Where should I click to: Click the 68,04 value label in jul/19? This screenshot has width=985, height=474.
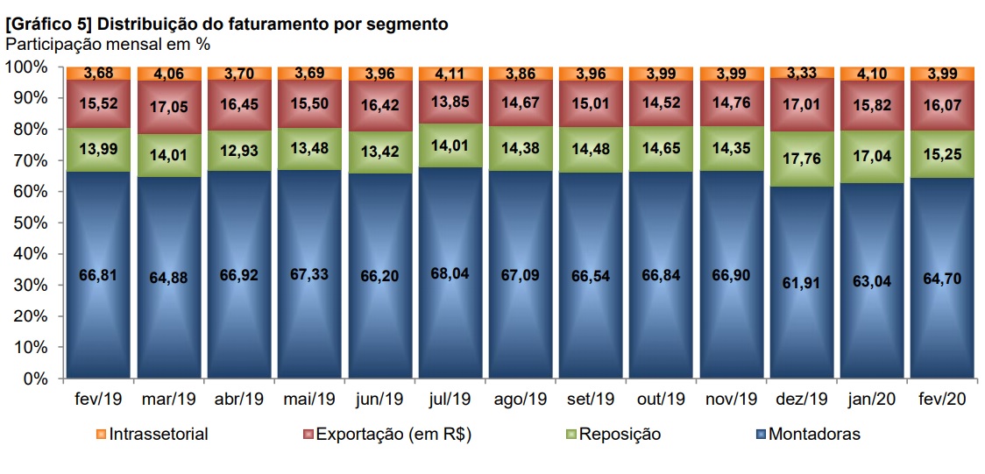pyautogui.click(x=450, y=272)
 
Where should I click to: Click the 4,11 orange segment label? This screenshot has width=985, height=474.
pyautogui.click(x=450, y=74)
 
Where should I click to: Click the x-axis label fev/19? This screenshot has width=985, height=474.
pyautogui.click(x=98, y=399)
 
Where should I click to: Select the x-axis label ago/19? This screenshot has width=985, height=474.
pyautogui.click(x=521, y=399)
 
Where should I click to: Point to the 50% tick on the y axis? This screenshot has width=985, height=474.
pyautogui.click(x=29, y=223)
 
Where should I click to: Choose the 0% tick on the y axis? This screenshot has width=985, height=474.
pyautogui.click(x=36, y=378)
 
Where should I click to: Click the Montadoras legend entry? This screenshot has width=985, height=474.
pyautogui.click(x=814, y=434)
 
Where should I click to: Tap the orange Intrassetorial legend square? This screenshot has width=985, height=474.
pyautogui.click(x=102, y=434)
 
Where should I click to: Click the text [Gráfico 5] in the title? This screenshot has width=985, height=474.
pyautogui.click(x=53, y=25)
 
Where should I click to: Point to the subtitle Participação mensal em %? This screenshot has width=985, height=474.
pyautogui.click(x=108, y=43)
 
